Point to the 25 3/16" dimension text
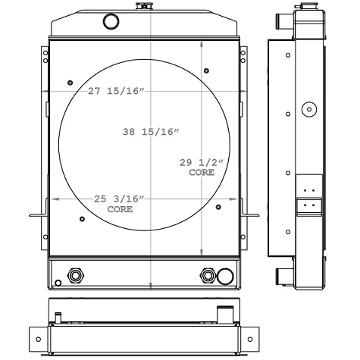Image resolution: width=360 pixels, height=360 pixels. click(119, 199)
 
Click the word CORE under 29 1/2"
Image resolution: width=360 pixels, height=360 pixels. click(201, 172)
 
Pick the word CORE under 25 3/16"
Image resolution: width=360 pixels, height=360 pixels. click(119, 208)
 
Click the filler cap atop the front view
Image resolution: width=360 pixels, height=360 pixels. click(140, 7)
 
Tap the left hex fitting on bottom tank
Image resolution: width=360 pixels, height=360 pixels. click(74, 274)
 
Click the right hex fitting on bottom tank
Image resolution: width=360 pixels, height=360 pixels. click(207, 274)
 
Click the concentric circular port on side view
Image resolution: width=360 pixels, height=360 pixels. click(308, 110)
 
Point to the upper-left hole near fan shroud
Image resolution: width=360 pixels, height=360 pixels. click(69, 80)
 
